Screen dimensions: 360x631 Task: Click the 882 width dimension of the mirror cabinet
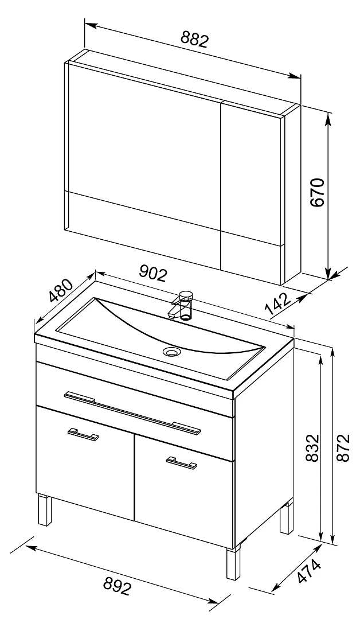[195, 40]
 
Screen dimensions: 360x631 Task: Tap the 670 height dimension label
[318, 192]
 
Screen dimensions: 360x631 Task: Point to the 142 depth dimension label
[278, 304]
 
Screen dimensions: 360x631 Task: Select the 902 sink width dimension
[152, 274]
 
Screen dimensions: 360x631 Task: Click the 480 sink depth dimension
[61, 290]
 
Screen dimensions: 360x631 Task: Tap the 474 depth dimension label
[310, 571]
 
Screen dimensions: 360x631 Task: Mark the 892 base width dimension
[118, 586]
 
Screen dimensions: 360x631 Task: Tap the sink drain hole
[171, 351]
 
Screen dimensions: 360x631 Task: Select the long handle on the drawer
[132, 413]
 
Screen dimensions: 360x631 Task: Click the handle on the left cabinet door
[83, 434]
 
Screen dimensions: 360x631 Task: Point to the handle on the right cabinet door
[182, 463]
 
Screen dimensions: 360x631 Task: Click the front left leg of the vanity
[45, 510]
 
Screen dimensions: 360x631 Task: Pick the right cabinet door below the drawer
[184, 492]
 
